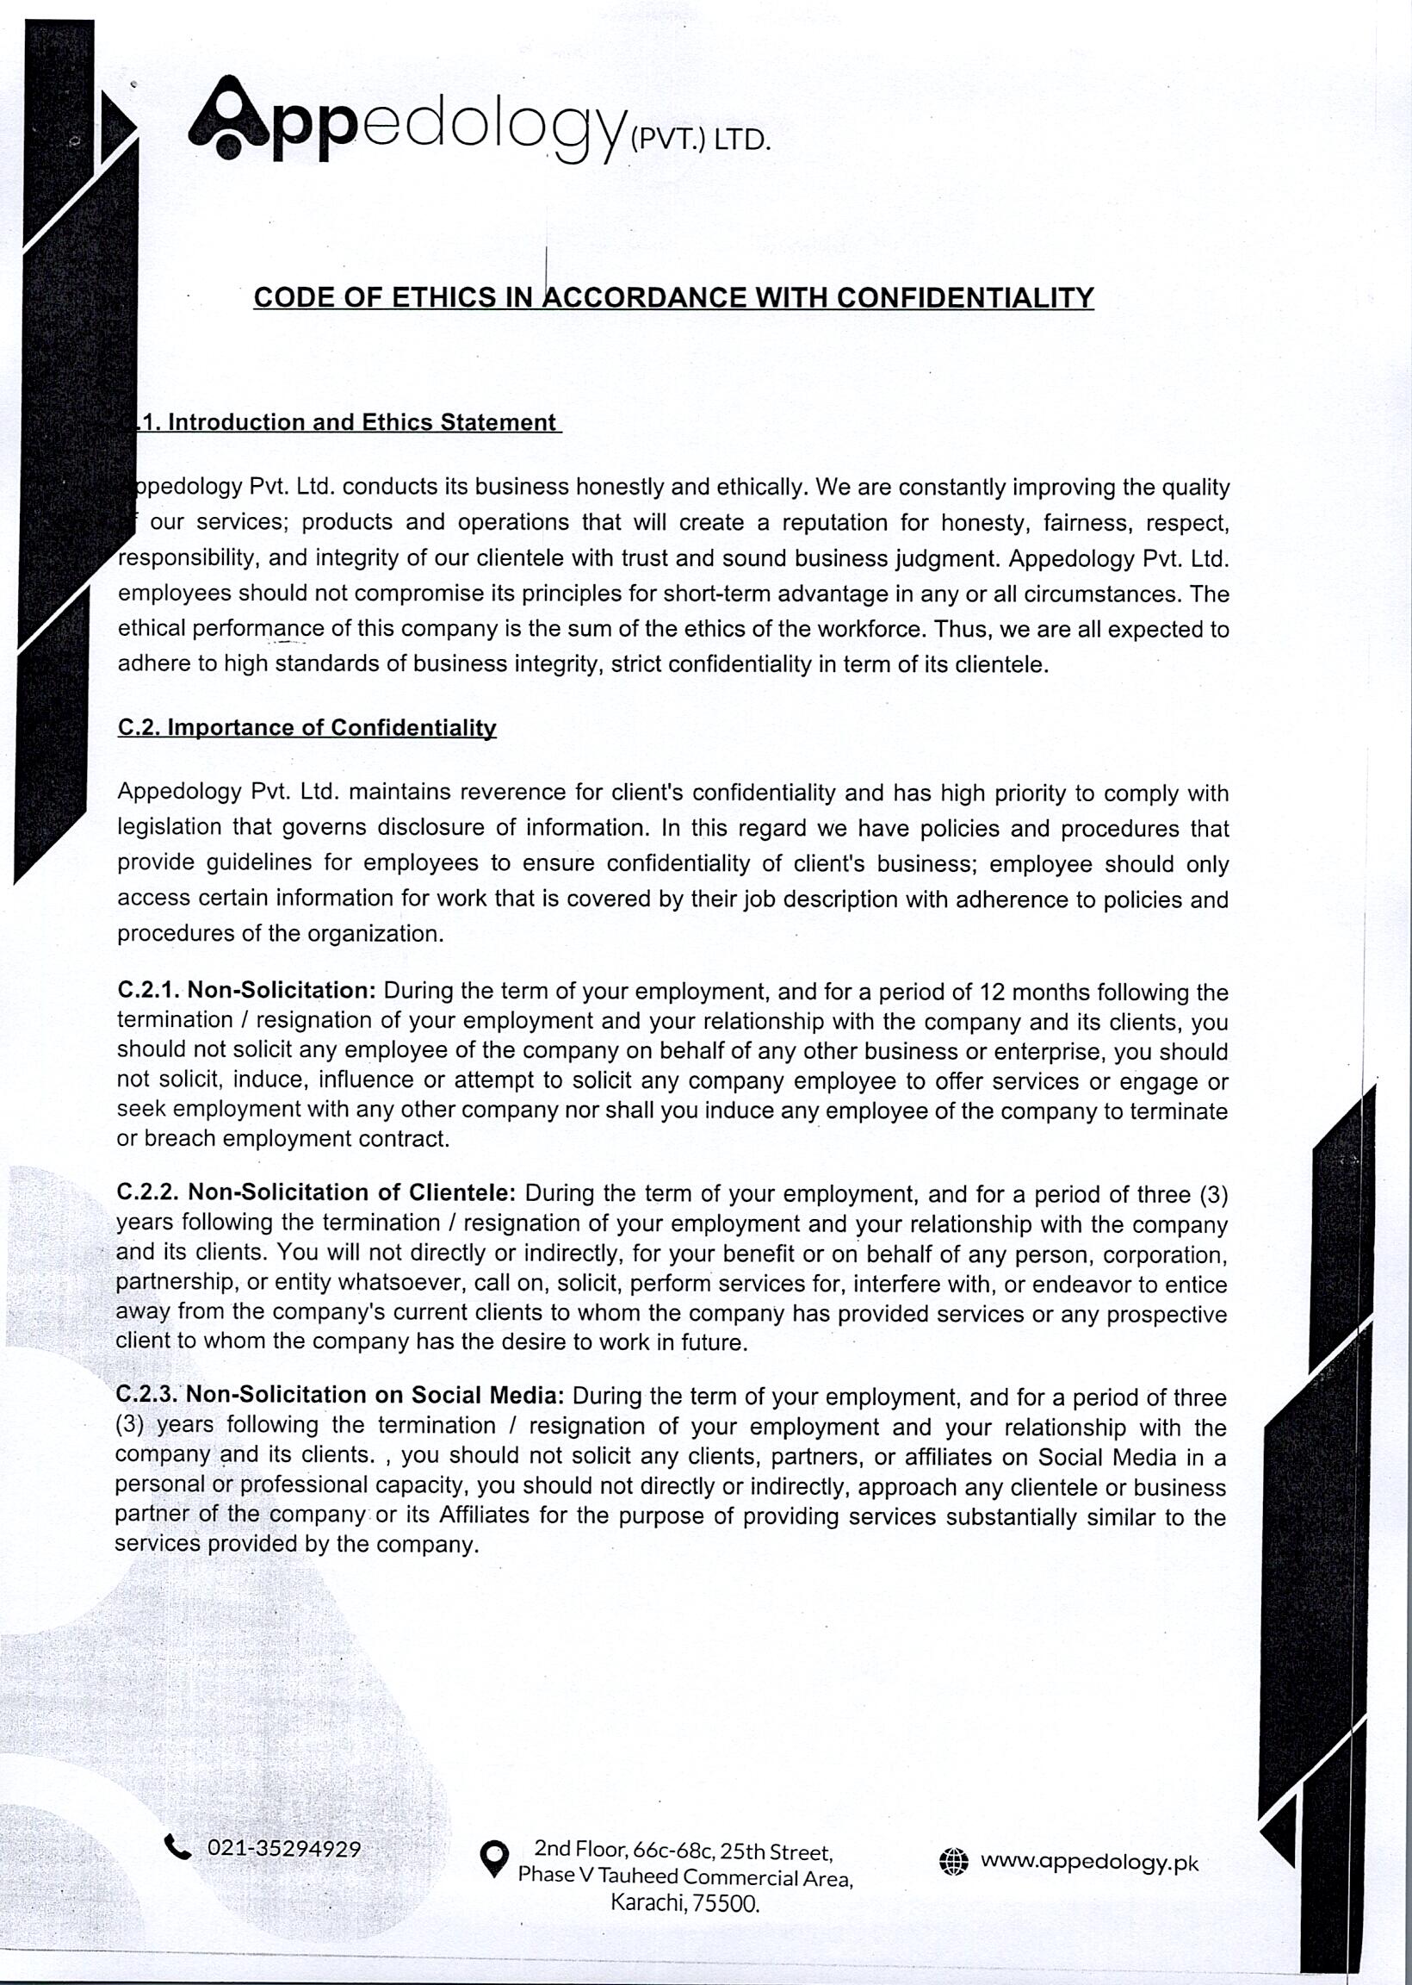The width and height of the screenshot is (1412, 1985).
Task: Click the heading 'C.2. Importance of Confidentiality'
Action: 307,727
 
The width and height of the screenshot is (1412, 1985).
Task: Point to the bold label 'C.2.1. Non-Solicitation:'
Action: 246,990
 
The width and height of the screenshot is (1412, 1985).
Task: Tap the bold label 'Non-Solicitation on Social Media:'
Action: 375,1395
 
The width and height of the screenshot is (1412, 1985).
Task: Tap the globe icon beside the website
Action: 954,1862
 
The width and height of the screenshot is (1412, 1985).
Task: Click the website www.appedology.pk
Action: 1089,1862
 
